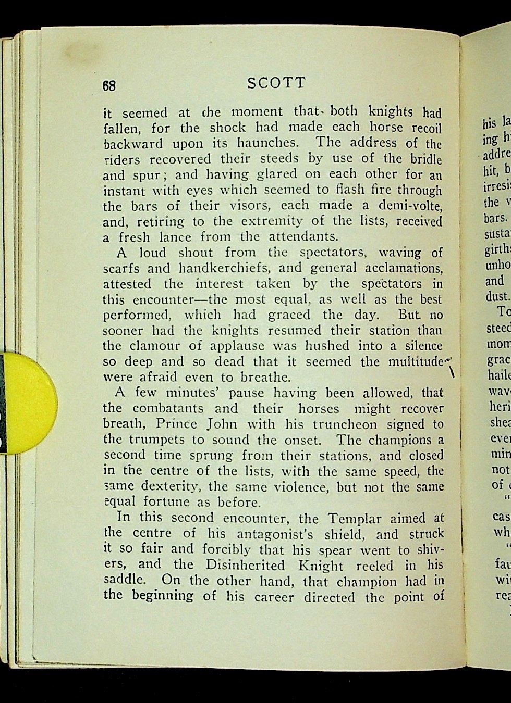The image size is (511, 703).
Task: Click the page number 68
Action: click(x=109, y=86)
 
